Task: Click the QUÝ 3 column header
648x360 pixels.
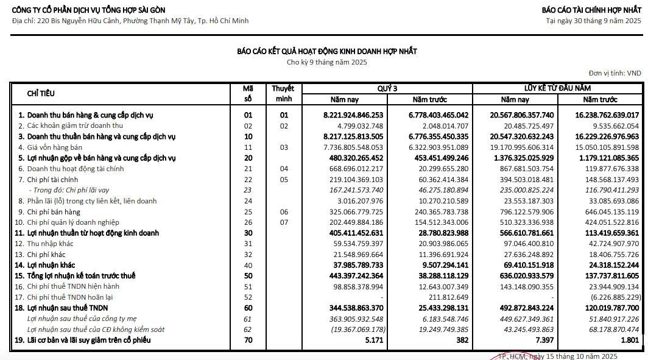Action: (387, 88)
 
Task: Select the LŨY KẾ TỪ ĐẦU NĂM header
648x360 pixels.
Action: (557, 88)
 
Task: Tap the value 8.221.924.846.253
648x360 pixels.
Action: (353, 115)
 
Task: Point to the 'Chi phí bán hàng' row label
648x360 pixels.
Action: (54, 211)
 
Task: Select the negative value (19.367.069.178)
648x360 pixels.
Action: (357, 330)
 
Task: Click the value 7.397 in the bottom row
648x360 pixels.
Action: (544, 340)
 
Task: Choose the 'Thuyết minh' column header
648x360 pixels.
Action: (283, 93)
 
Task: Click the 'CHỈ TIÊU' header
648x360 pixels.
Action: (41, 94)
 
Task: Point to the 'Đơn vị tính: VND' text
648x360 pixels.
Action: (615, 73)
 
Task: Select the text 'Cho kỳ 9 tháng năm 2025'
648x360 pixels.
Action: (327, 62)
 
